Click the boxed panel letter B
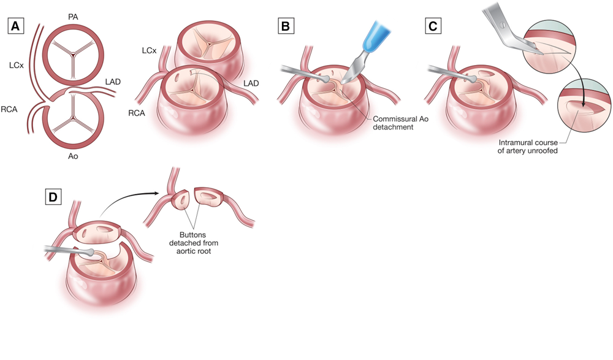tap(285, 26)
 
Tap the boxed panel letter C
tap(432, 26)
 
